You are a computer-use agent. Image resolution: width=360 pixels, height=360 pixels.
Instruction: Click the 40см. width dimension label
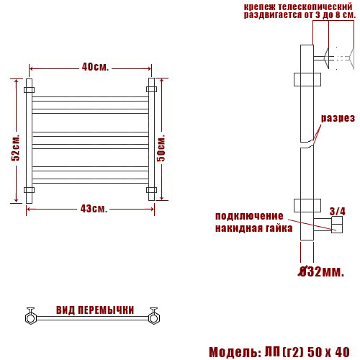pyautogui.click(x=95, y=67)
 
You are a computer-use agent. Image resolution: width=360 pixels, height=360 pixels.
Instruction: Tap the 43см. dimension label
pyautogui.click(x=94, y=209)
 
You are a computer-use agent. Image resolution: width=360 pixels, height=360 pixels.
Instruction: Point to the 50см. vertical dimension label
pyautogui.click(x=161, y=148)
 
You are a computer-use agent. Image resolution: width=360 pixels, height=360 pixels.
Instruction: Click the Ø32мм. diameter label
pyautogui.click(x=321, y=272)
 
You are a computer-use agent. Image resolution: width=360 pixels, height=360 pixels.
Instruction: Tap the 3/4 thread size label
pyautogui.click(x=337, y=212)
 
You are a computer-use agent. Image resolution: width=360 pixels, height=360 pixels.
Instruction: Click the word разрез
pyautogui.click(x=338, y=118)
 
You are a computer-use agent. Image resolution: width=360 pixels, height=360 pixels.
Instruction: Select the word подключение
pyautogui.click(x=249, y=216)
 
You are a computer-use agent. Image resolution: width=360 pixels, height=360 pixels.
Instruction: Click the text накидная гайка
pyautogui.click(x=254, y=228)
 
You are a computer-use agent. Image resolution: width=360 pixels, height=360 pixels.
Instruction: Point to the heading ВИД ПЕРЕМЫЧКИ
pyautogui.click(x=95, y=310)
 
